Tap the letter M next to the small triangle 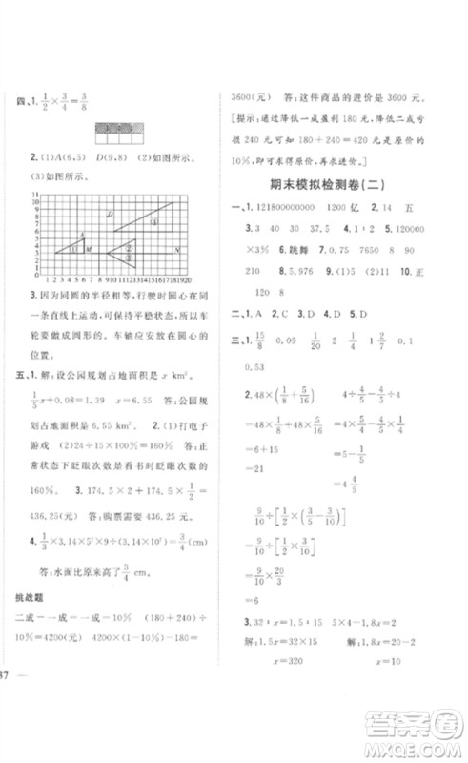pos(89,249)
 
